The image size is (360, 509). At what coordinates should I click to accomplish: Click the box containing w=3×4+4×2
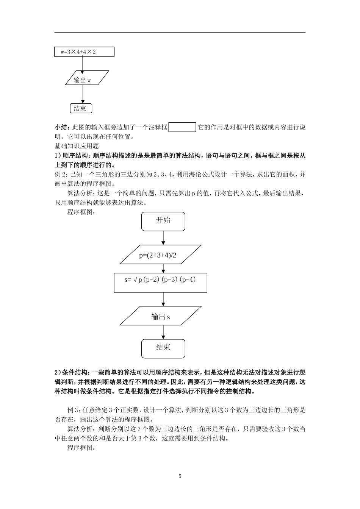(x=84, y=52)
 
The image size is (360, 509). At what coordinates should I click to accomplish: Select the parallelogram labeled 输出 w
(x=87, y=80)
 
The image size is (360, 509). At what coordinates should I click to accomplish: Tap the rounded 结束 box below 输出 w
(x=81, y=108)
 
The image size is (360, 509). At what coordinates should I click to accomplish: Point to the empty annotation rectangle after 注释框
(x=182, y=127)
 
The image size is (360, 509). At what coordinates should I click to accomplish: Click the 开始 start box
(x=163, y=221)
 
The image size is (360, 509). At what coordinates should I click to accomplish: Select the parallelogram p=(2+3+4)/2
(x=160, y=254)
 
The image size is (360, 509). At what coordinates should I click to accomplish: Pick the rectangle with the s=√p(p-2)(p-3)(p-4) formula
(x=160, y=282)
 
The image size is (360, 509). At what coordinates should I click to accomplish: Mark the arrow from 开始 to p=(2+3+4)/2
(x=163, y=237)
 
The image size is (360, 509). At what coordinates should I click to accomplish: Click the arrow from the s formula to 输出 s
(x=163, y=299)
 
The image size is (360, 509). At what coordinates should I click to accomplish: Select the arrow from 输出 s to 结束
(x=163, y=332)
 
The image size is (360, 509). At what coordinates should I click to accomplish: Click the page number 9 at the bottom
(x=180, y=476)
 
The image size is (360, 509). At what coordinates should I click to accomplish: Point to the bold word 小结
(x=61, y=128)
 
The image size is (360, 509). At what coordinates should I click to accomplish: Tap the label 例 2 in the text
(x=61, y=175)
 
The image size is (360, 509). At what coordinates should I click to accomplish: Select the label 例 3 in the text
(x=73, y=410)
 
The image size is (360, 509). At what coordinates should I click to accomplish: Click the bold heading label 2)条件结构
(x=72, y=373)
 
